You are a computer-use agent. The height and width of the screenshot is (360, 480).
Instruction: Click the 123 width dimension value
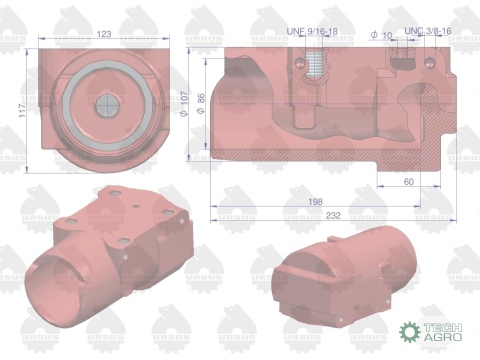coord(103,34)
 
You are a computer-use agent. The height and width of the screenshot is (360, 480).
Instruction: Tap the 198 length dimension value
coord(316,201)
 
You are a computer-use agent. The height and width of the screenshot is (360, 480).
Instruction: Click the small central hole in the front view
coord(104,105)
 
